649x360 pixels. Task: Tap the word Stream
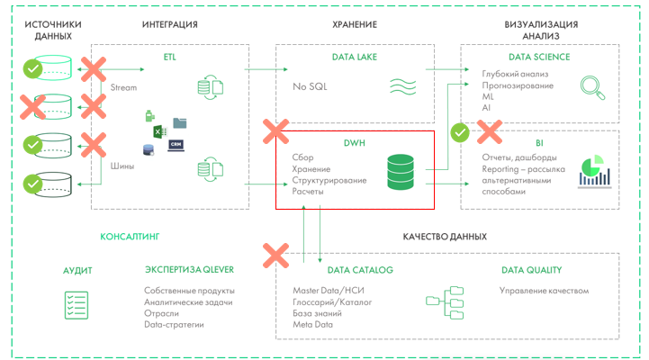pyautogui.click(x=123, y=88)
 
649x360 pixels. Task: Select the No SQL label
pyautogui.click(x=311, y=87)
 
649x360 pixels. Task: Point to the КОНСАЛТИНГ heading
pyautogui.click(x=130, y=237)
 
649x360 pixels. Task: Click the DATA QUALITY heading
pyautogui.click(x=531, y=269)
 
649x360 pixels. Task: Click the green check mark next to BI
pyautogui.click(x=460, y=132)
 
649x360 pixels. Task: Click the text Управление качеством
pyautogui.click(x=544, y=291)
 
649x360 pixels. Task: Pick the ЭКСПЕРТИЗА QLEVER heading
pyautogui.click(x=190, y=269)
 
